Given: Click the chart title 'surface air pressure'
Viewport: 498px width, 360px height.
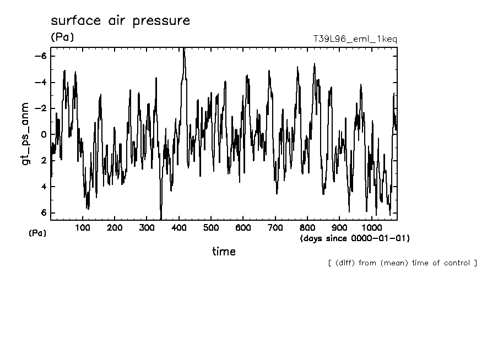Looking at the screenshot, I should pos(120,21).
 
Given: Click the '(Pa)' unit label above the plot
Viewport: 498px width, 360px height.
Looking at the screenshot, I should pos(62,37).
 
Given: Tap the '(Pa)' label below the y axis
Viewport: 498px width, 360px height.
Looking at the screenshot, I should pos(37,233).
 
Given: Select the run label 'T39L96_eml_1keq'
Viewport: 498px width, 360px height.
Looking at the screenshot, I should pos(354,39).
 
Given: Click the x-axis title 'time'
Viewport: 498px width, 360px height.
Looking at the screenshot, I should pos(224,252).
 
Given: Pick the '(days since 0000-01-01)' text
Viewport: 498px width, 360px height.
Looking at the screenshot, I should pos(355,238).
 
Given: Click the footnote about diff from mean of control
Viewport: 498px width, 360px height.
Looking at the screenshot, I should pos(402,263).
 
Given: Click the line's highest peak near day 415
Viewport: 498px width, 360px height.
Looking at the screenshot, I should pos(184,49).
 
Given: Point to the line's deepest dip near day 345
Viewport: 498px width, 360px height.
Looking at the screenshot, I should pos(161,219).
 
